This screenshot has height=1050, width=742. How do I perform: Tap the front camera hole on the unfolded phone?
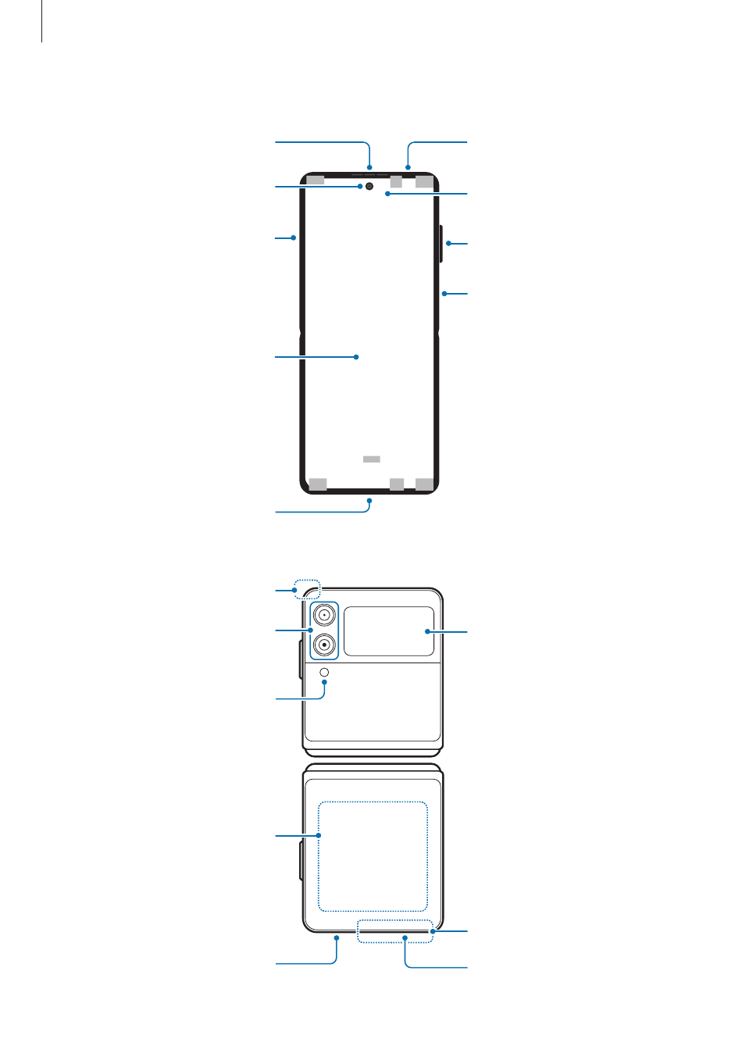point(369,187)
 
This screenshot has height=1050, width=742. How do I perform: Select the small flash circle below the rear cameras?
point(325,671)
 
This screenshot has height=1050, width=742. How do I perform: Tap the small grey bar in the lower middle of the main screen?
point(372,459)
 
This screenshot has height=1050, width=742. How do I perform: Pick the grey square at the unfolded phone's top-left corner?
point(316,181)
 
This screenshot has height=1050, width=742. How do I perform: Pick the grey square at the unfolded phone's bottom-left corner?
point(318,484)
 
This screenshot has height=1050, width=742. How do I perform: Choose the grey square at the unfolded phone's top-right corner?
point(424,181)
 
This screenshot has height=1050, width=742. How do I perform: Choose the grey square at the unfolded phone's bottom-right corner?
point(424,484)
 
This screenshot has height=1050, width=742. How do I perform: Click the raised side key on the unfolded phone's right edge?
point(441,243)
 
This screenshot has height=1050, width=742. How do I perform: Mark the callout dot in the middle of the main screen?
point(356,357)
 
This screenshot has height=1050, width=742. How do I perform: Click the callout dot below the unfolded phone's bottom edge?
point(369,498)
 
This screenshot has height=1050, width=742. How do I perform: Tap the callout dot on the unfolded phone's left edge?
point(294,237)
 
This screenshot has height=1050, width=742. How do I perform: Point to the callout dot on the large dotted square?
point(319,836)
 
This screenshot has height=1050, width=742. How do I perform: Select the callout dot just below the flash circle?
point(325,682)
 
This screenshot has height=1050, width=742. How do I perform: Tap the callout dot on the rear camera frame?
point(311,630)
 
